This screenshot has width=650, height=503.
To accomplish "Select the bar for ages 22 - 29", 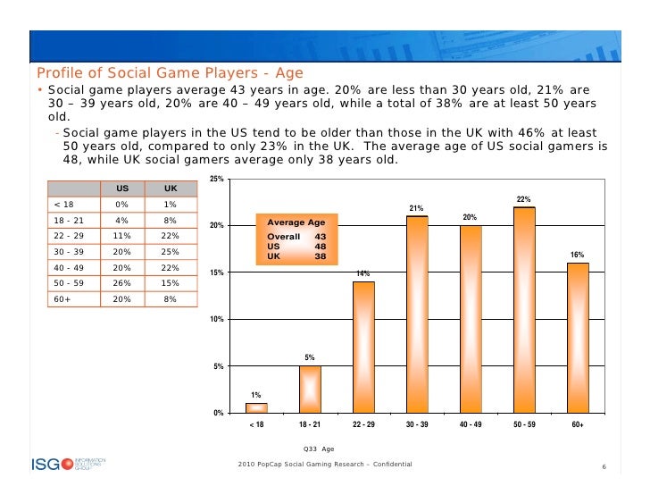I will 363,347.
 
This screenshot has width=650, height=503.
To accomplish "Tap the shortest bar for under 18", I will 256,407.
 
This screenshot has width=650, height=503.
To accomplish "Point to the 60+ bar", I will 578,337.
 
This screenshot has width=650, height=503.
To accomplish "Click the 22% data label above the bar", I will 524,199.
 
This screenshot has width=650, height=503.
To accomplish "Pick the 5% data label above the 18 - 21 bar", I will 309,357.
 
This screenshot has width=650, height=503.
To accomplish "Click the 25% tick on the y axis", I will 215,180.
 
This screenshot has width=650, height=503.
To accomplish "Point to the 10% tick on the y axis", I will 215,320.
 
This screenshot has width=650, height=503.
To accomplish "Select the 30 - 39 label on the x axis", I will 417,424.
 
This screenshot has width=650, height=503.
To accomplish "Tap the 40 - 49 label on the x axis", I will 471,424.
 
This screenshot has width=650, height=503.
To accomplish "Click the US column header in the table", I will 120,189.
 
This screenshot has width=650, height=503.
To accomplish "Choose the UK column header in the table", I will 170,189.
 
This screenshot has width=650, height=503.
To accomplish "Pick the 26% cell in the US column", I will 121,282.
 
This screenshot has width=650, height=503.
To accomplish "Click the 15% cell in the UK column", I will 170,282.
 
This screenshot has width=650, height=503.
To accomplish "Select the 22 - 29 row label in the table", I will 69,236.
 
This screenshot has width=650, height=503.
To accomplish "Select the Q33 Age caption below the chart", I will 319,449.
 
